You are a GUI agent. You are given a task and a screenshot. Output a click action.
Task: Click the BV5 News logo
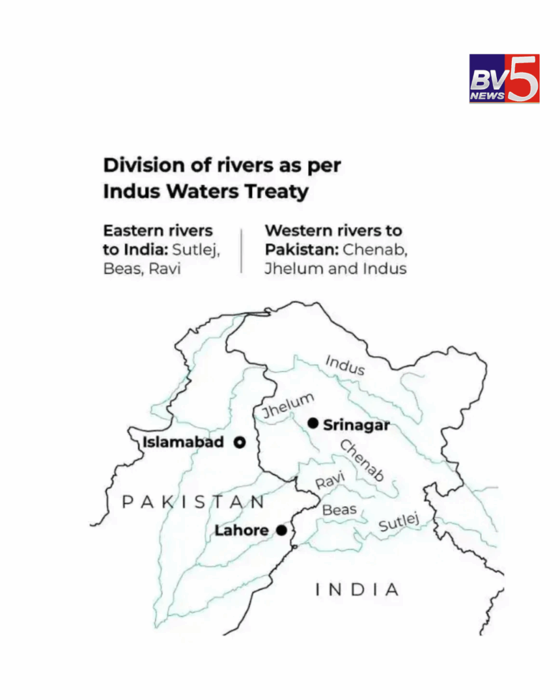tap(504, 79)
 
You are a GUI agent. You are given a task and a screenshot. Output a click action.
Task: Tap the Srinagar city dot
tap(313, 424)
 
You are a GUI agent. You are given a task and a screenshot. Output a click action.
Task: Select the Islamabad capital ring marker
tap(240, 443)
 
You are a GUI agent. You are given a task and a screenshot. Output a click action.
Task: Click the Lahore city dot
tap(281, 530)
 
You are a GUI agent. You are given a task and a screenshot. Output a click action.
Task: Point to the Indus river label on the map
tap(344, 365)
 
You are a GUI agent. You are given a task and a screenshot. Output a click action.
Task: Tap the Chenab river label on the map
tap(362, 461)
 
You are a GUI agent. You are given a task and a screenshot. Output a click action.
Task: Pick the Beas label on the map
tap(339, 509)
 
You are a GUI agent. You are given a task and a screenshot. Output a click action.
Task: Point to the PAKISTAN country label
tap(193, 501)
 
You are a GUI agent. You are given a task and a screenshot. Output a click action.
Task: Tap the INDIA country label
tap(357, 590)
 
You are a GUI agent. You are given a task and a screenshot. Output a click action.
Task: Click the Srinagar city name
tap(356, 425)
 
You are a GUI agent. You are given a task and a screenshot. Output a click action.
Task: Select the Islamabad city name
tap(183, 443)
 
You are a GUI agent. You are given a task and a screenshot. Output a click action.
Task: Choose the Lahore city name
tap(241, 531)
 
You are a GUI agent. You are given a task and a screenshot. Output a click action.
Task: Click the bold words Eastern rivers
tap(158, 231)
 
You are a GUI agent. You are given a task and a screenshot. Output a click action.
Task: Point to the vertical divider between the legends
tap(242, 250)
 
